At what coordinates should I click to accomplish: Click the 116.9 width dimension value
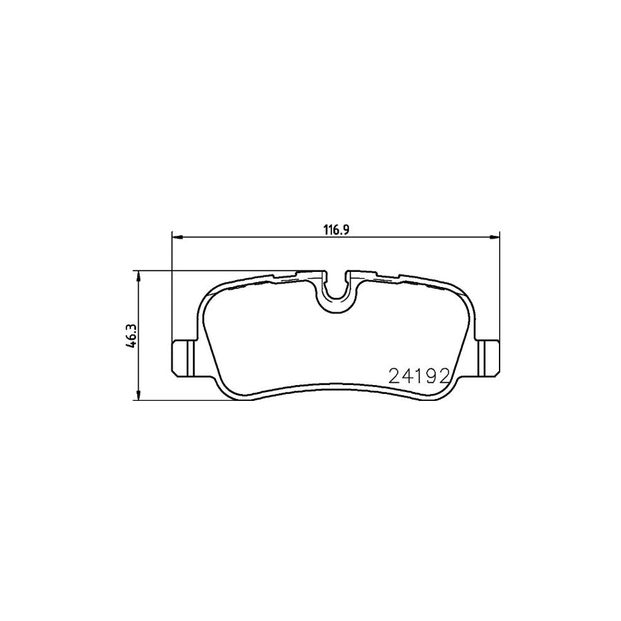(x=334, y=231)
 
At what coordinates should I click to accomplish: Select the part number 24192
(x=420, y=376)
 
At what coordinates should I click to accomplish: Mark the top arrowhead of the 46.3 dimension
(x=139, y=275)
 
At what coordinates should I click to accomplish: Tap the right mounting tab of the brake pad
(x=489, y=357)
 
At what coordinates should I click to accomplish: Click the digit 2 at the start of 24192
(x=395, y=376)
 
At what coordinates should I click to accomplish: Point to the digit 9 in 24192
(x=432, y=376)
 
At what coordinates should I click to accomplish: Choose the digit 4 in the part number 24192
(x=407, y=376)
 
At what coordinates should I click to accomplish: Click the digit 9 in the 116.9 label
(x=342, y=231)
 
